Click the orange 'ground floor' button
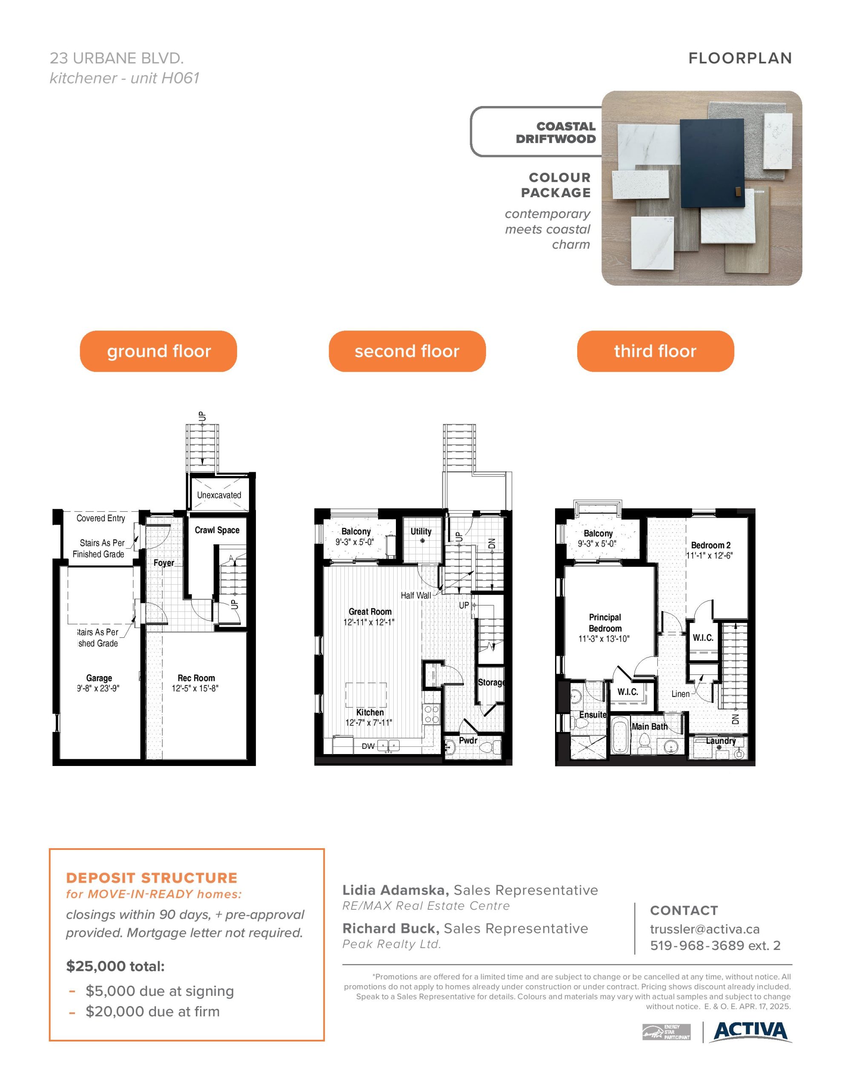click(x=158, y=351)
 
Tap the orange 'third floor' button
click(x=655, y=351)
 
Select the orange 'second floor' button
click(x=407, y=351)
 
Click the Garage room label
click(x=99, y=678)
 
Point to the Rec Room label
click(x=196, y=678)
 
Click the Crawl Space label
click(x=217, y=530)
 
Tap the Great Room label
click(x=370, y=611)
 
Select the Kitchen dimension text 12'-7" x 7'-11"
click(x=369, y=722)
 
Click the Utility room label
click(x=421, y=531)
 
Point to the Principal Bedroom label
click(x=605, y=623)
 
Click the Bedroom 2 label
click(x=711, y=545)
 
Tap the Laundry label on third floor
click(x=721, y=740)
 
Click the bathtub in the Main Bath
click(x=620, y=736)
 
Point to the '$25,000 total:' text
click(x=115, y=966)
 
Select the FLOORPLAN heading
click(x=740, y=58)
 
